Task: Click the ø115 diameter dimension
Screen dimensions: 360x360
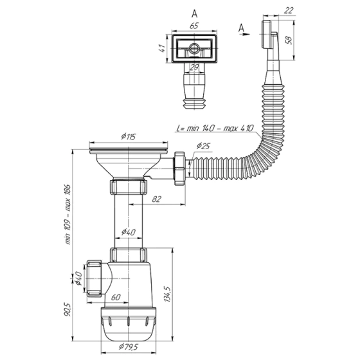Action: pos(129,136)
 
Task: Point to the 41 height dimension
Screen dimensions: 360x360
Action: pos(163,48)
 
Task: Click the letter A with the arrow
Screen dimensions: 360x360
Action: pos(240,27)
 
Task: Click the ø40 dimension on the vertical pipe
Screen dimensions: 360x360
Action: pos(127,232)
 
